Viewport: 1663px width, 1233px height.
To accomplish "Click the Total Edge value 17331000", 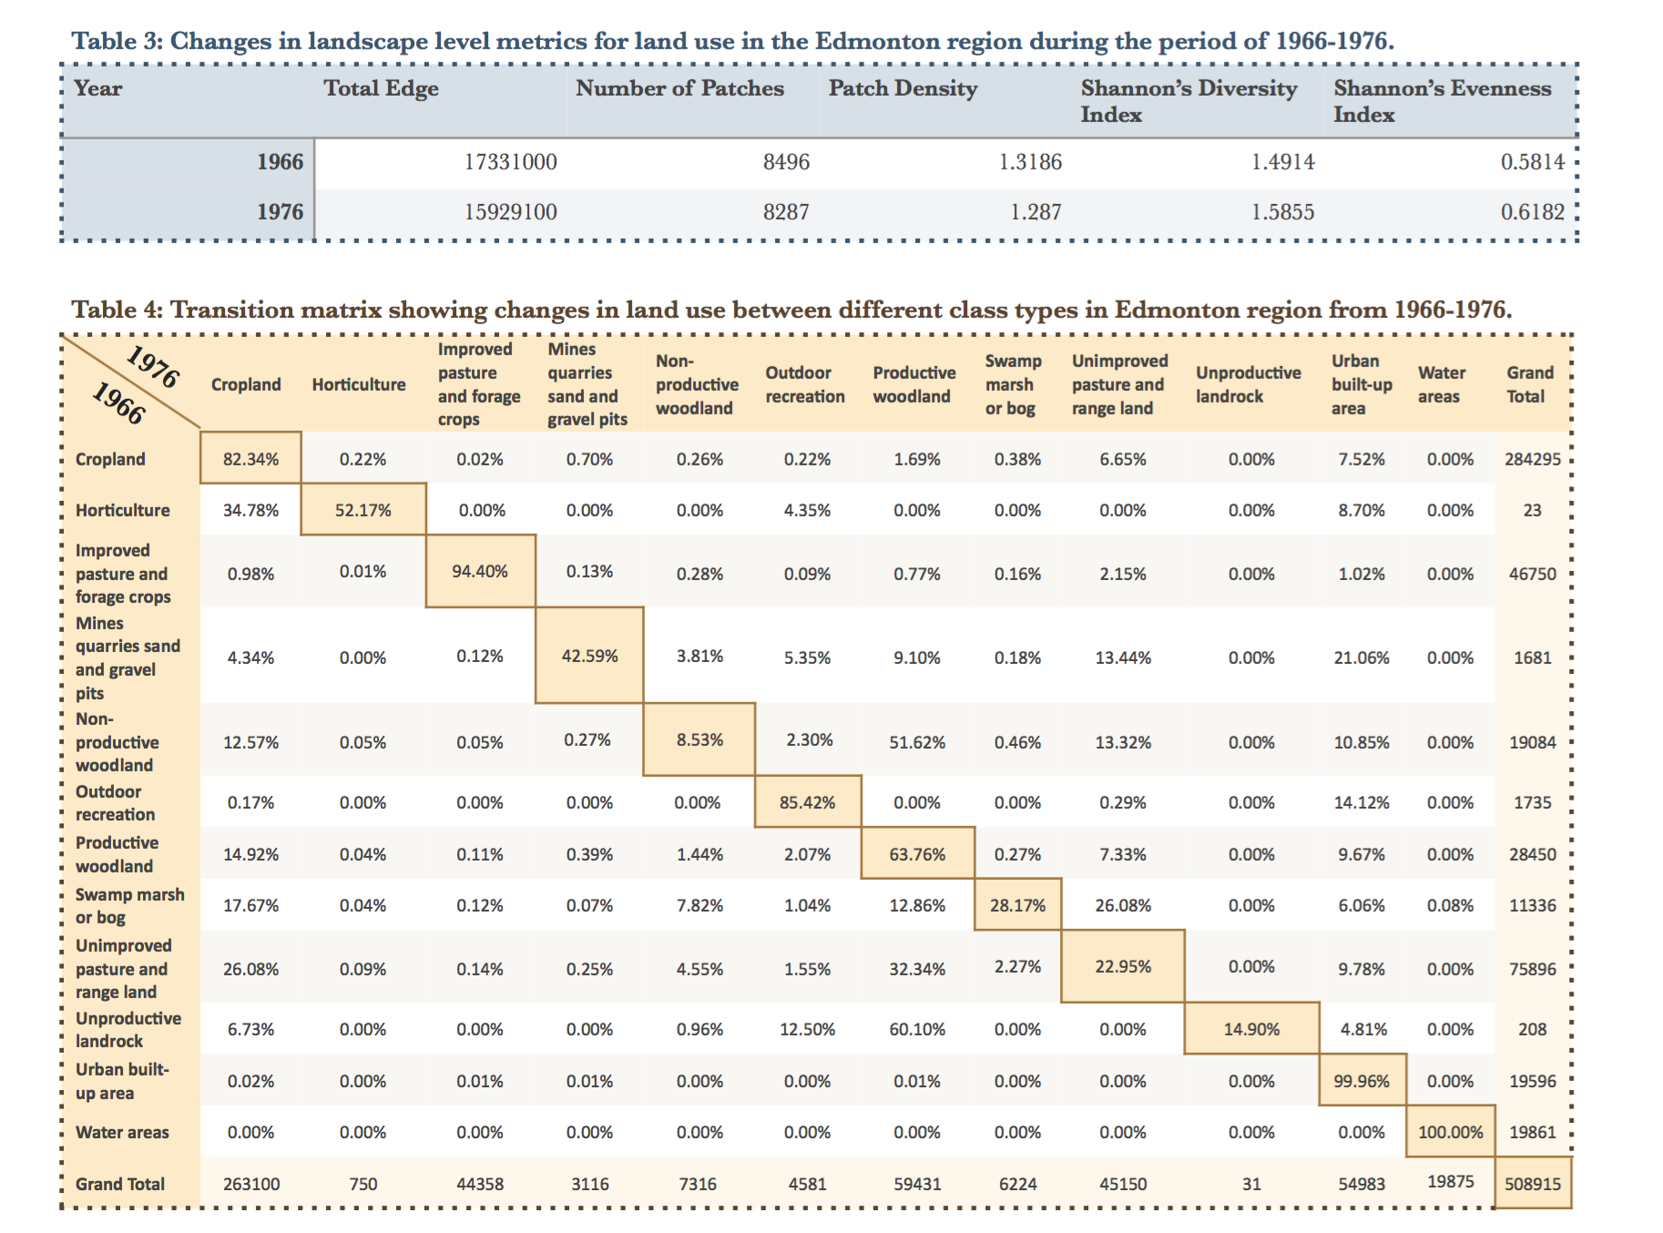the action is [510, 162].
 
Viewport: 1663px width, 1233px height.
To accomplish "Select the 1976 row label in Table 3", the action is [280, 212].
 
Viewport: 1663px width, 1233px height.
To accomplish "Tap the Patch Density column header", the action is [903, 88].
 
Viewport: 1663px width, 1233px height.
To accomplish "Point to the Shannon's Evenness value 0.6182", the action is [1533, 212].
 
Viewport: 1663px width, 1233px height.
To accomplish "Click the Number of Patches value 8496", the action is [786, 162].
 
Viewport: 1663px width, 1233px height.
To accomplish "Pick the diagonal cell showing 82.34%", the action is [250, 458].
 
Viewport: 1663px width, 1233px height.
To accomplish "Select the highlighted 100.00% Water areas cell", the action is [1451, 1132].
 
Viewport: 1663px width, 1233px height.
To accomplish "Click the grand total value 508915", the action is [1533, 1184].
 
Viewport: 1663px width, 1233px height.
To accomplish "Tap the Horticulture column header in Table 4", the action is [359, 384].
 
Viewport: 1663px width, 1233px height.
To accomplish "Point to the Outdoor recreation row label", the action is [115, 802].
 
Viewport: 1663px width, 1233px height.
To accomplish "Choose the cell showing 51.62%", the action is [917, 742].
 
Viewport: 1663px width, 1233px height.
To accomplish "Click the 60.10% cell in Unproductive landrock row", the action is [917, 1029].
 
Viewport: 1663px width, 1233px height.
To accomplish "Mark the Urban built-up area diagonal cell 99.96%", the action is [1362, 1081].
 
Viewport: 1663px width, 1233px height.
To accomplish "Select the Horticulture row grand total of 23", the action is [1533, 510].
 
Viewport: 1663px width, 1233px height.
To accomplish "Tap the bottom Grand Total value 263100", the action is [251, 1184].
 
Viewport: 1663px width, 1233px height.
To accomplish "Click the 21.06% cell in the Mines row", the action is [1362, 657].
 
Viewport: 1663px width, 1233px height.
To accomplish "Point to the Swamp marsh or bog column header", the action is [1013, 384].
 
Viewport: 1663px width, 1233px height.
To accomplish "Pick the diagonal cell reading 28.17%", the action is [1017, 905].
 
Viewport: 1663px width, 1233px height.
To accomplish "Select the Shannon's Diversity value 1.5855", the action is [1282, 212].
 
